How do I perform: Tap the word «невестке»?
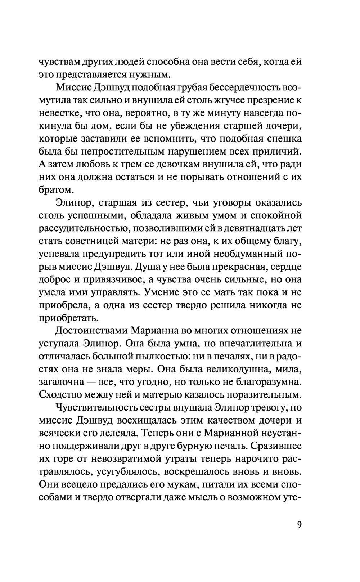click(x=59, y=113)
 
